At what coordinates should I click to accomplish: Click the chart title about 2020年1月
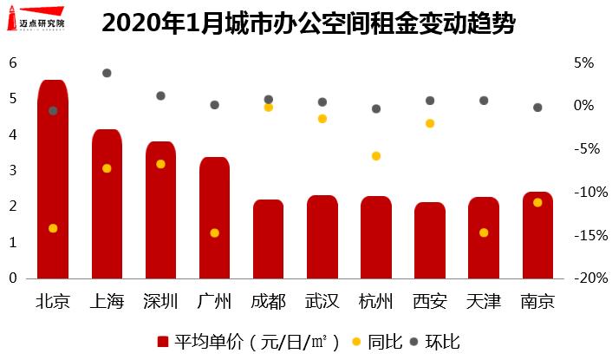308,23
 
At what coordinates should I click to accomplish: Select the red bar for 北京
53,182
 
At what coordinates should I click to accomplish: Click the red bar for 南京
537,236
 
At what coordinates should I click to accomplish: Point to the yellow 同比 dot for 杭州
376,156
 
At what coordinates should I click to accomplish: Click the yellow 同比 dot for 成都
269,108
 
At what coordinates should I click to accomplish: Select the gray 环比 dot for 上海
107,73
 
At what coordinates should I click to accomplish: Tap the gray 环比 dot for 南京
537,108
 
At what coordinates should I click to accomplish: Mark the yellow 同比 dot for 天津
484,232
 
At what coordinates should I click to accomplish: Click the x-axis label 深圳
160,302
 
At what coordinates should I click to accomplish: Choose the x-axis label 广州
215,302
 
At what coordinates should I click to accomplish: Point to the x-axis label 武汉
322,302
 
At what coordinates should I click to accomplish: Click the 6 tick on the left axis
13,62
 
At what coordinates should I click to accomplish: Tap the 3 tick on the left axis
13,171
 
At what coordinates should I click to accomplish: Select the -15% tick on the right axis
579,235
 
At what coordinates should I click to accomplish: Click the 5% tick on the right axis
583,63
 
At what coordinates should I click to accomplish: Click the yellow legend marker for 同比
357,341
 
